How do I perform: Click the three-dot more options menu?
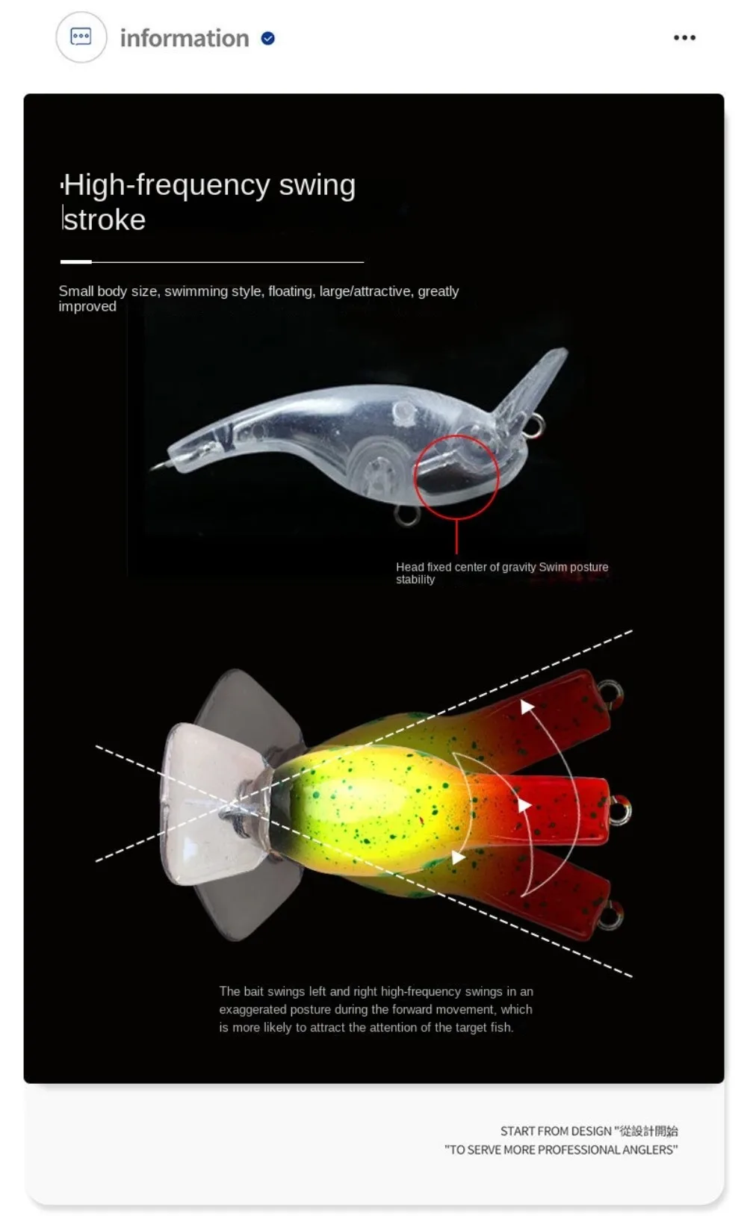(684, 37)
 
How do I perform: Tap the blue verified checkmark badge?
(267, 39)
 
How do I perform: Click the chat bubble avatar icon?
(81, 37)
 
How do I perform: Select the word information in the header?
(185, 39)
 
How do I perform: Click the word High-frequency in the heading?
(167, 186)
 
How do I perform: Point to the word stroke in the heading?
(105, 220)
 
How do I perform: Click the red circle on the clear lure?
(456, 476)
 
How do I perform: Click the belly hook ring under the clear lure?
(406, 515)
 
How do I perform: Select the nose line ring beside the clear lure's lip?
(535, 424)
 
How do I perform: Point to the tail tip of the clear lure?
(155, 466)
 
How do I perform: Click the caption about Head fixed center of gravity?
(502, 573)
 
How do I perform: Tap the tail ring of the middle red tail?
(620, 810)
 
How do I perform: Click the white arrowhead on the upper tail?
(527, 707)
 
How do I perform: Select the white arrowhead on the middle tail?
(524, 805)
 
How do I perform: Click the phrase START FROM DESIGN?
(556, 1132)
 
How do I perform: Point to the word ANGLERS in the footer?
(648, 1150)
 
